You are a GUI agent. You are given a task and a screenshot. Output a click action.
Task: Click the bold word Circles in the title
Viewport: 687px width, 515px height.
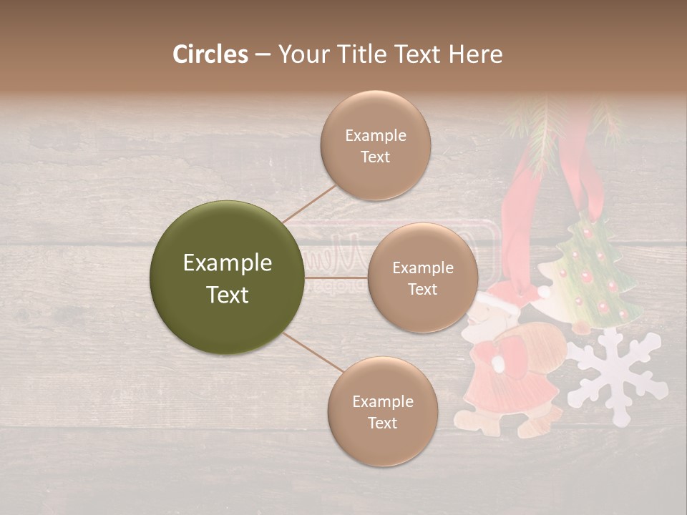coord(210,54)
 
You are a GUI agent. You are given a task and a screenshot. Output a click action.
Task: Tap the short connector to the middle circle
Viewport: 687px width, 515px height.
coord(336,278)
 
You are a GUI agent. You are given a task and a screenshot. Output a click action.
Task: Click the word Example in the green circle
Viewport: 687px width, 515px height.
coord(227,263)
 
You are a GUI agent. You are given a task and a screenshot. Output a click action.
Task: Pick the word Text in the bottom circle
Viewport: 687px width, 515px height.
coord(382,423)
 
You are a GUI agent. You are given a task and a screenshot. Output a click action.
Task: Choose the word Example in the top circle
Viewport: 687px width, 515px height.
coord(375,136)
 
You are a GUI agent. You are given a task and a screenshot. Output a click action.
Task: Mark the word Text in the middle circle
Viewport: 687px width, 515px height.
coord(422,290)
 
